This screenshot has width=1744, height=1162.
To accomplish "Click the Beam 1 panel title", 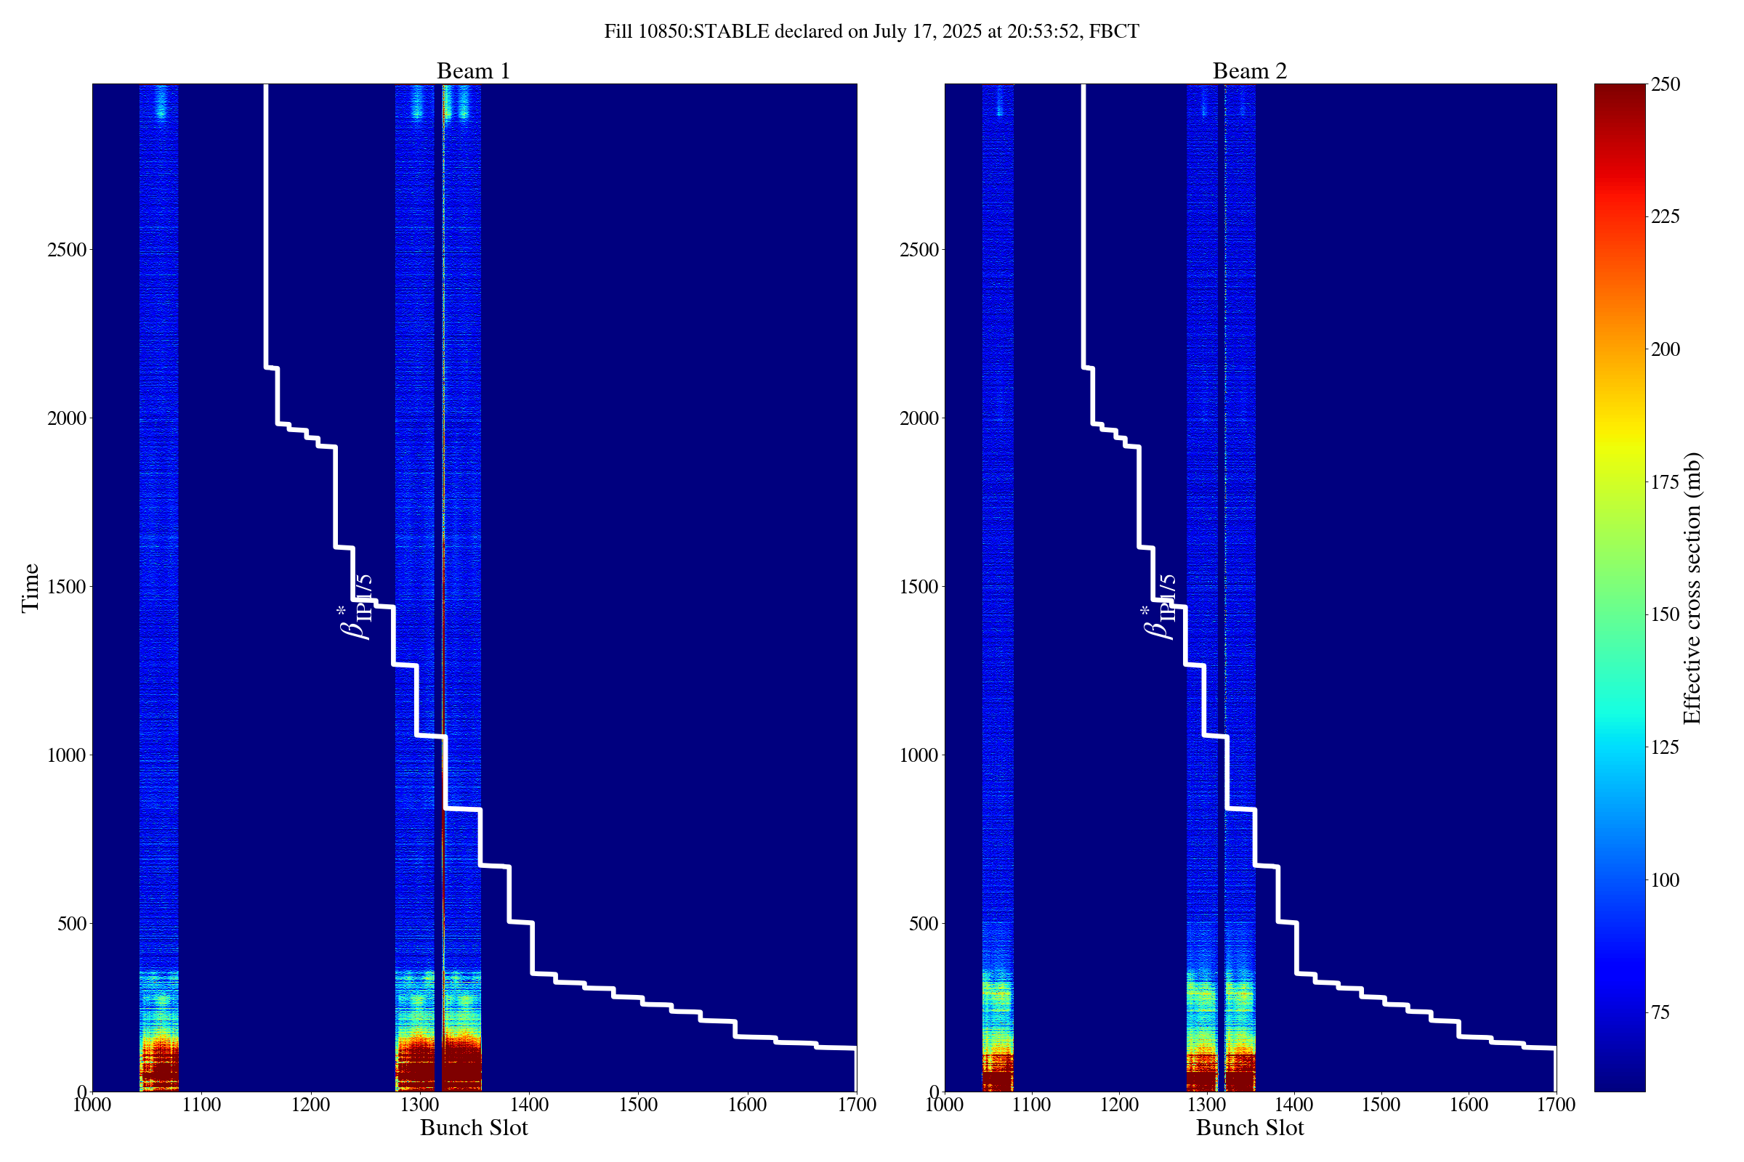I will click(473, 71).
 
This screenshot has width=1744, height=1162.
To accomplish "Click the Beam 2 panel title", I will click(1249, 71).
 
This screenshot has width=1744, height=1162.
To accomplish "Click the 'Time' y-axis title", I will click(31, 588).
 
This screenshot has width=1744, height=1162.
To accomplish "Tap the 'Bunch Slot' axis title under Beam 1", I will click(474, 1128).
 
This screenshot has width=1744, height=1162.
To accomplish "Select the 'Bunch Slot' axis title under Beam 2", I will click(1249, 1128).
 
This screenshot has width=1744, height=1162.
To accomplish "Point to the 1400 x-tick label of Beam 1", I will click(529, 1105).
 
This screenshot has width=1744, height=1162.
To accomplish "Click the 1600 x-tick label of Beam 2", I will click(1468, 1105).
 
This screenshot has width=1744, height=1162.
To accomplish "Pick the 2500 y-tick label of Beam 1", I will click(66, 250).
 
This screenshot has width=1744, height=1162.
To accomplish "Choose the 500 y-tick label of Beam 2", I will click(924, 923).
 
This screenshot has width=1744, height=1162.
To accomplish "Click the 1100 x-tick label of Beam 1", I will click(202, 1105).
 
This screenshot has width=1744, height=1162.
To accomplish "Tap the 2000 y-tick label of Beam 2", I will click(919, 419).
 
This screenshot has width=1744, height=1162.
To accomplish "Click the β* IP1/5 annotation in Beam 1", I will click(355, 607).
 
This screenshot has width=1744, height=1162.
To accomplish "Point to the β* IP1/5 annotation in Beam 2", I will click(1159, 607).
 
